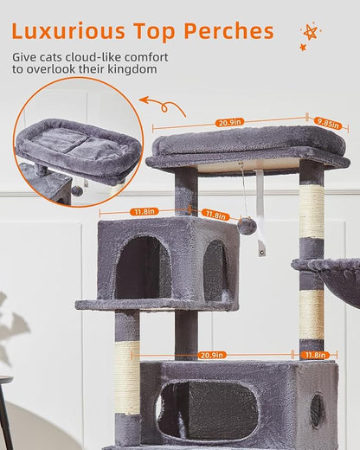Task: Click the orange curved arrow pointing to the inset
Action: [164, 106]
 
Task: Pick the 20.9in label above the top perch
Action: [228, 123]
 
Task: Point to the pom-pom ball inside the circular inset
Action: [78, 190]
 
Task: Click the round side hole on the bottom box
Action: [317, 408]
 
